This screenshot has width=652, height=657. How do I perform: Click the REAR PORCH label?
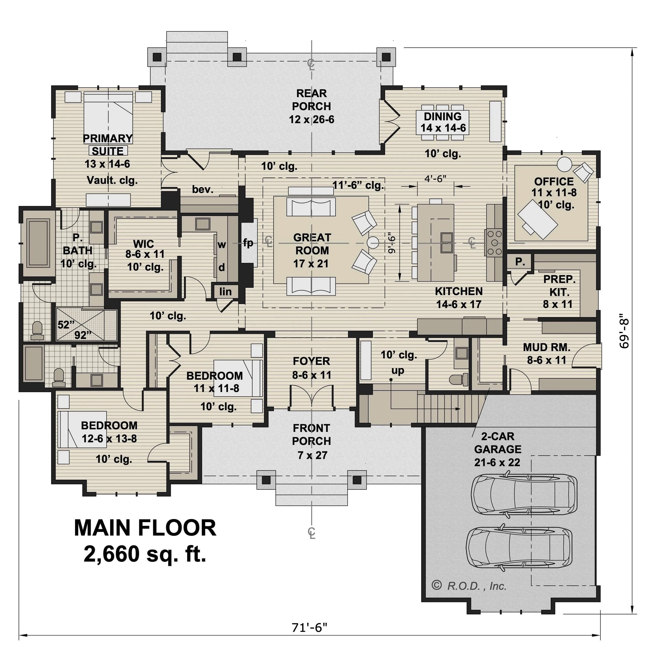311,106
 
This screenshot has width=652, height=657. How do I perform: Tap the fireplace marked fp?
248,243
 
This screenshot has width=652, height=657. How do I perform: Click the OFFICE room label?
554,181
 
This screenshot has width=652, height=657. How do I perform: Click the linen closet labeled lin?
225,291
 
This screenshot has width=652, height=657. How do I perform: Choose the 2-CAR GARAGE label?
497,449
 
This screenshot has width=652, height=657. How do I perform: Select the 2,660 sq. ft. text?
145,554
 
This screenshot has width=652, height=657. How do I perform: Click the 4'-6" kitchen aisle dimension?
435,179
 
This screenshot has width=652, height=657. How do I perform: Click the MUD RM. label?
546,347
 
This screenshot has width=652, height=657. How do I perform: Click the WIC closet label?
143,244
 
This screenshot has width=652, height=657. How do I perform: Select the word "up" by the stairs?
398,370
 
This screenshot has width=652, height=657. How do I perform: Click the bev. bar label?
202,189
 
